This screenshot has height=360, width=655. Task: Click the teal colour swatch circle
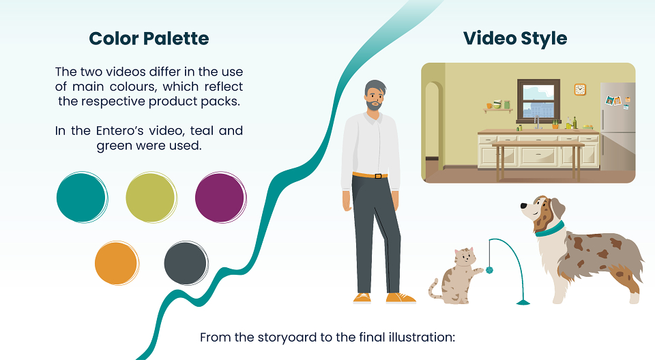[82, 197]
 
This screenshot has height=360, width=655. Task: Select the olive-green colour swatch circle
[151, 197]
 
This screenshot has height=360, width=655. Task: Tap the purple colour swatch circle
[220, 197]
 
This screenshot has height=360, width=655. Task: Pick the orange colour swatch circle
[117, 263]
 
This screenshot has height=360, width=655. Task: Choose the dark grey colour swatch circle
[186, 263]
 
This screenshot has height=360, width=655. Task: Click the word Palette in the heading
[176, 39]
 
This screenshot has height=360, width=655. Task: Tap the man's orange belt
[370, 175]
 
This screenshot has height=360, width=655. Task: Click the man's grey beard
[375, 104]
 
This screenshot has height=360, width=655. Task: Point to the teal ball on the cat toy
[489, 270]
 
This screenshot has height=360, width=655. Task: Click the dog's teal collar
[550, 229]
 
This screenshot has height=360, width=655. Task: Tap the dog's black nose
[523, 205]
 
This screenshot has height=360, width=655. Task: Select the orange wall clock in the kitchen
[580, 89]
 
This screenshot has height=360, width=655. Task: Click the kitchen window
[538, 101]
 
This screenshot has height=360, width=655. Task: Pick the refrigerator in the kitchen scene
[617, 126]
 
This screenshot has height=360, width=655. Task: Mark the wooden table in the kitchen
[538, 160]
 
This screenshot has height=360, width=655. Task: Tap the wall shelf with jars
[498, 110]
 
